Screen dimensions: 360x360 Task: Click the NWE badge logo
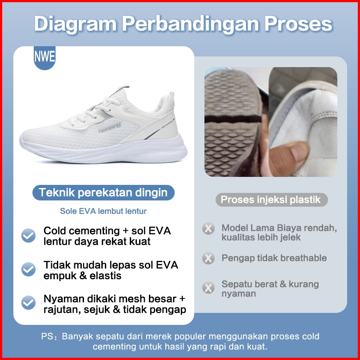[x=44, y=57]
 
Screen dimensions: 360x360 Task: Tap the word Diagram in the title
[x=76, y=24]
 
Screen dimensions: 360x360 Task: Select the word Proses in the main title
[x=298, y=24]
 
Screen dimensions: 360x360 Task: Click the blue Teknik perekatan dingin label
[x=103, y=192]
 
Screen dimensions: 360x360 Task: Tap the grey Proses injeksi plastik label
[x=272, y=200]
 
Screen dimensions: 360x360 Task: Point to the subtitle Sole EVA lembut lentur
[x=103, y=211]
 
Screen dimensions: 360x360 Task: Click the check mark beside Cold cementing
[x=28, y=236]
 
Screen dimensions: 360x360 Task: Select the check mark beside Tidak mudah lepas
[x=28, y=269]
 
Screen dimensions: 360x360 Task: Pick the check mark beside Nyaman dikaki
[x=28, y=303]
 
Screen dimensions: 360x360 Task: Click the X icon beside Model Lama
[x=208, y=229]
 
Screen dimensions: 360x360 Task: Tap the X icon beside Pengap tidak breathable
[x=208, y=258]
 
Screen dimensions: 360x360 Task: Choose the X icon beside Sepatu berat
[x=208, y=288]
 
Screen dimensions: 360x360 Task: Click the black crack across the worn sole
[x=233, y=119]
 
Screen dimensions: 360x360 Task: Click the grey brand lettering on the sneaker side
[x=109, y=128]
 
